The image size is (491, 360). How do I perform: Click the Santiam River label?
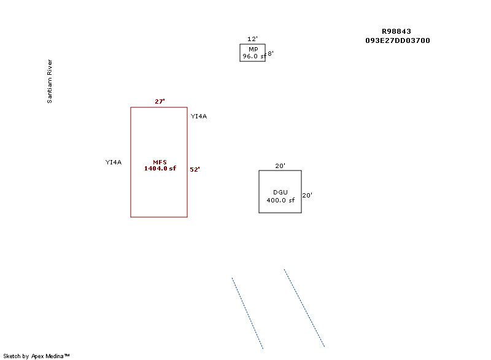point(50,82)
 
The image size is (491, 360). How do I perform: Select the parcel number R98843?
point(396,31)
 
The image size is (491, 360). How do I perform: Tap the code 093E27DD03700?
point(397,40)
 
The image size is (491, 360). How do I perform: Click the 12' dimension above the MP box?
point(252,39)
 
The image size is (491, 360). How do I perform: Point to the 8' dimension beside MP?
point(271,53)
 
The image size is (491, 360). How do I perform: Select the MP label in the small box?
point(253,50)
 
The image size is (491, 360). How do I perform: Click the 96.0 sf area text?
point(254,56)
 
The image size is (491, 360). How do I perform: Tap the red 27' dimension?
point(160,101)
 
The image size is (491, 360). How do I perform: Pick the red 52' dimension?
point(195,169)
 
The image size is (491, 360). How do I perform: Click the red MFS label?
point(160,162)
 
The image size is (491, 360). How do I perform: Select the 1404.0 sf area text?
point(160,168)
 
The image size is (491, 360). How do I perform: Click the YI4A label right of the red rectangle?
point(199,117)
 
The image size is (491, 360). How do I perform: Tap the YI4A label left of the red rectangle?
point(114,162)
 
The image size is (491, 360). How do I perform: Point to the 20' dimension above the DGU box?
point(280,166)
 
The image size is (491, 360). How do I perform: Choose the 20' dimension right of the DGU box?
point(307,195)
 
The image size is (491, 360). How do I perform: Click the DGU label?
point(280,193)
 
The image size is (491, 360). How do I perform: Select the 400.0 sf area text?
point(280,200)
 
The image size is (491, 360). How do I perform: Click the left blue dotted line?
point(247,313)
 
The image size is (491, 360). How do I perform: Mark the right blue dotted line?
point(304,308)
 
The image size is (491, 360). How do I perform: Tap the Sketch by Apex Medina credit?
point(36,356)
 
